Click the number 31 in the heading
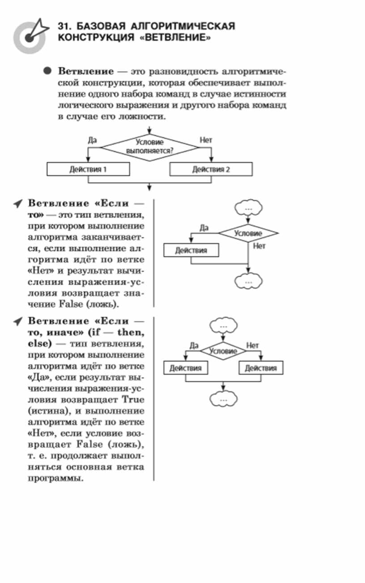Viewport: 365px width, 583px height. click(x=64, y=26)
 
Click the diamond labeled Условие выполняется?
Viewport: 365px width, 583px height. click(x=149, y=146)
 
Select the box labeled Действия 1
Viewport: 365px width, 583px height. click(x=88, y=169)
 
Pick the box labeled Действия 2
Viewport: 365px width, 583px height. click(x=211, y=169)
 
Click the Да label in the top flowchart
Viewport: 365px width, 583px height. click(x=93, y=140)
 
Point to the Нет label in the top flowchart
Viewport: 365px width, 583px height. click(x=206, y=140)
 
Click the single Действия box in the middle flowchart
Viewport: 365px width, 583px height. click(x=191, y=250)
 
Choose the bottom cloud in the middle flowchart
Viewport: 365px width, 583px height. click(x=248, y=281)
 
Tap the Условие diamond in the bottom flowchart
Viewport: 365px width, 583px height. click(x=223, y=351)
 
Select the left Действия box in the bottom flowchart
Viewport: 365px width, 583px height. click(x=185, y=368)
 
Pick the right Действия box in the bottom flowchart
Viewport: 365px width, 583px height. click(x=261, y=368)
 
